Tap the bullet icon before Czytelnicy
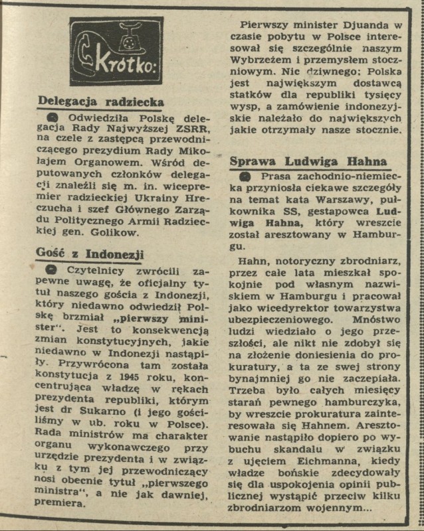(51, 272)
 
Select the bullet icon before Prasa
(245, 177)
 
